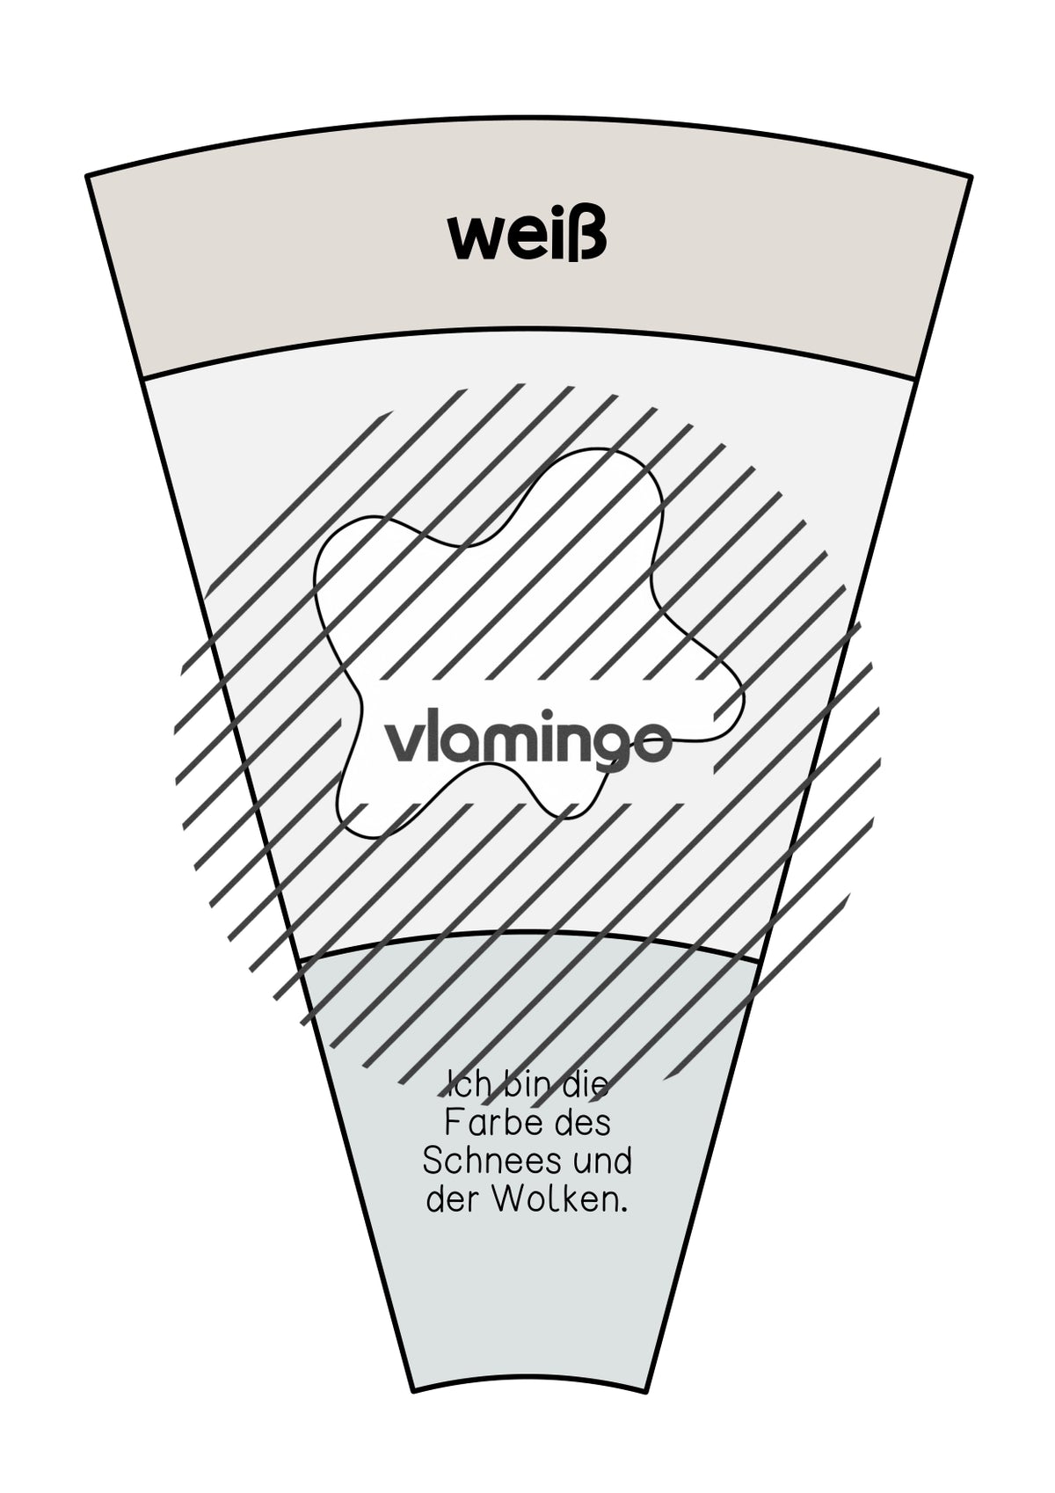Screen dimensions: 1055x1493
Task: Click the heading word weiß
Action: pos(527,237)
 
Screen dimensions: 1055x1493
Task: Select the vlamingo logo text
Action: pos(527,748)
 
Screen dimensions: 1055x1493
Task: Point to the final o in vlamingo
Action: pos(651,745)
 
